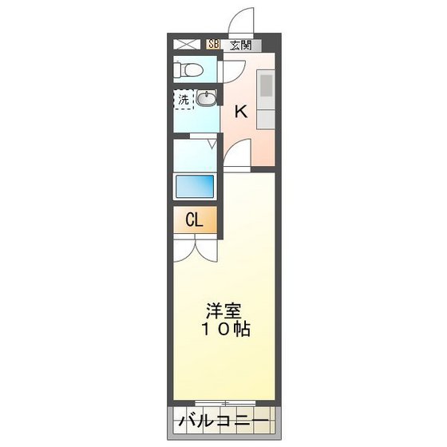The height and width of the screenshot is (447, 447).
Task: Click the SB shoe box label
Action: pyautogui.click(x=213, y=45)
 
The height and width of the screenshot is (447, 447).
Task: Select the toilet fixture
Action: pyautogui.click(x=189, y=69)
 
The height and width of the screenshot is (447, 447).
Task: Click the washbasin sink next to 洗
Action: pyautogui.click(x=207, y=99)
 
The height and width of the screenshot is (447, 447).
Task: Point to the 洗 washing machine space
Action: pyautogui.click(x=184, y=101)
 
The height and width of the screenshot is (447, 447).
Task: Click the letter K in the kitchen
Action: pyautogui.click(x=240, y=113)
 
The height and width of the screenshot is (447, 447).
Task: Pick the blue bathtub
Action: pyautogui.click(x=195, y=187)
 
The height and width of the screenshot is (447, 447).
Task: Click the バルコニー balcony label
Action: pyautogui.click(x=223, y=419)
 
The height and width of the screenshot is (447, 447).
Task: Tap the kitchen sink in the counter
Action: pyautogui.click(x=265, y=83)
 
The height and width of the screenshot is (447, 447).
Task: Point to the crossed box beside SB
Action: pyautogui.click(x=187, y=45)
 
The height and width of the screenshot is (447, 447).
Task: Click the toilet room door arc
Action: pyautogui.click(x=229, y=73)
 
